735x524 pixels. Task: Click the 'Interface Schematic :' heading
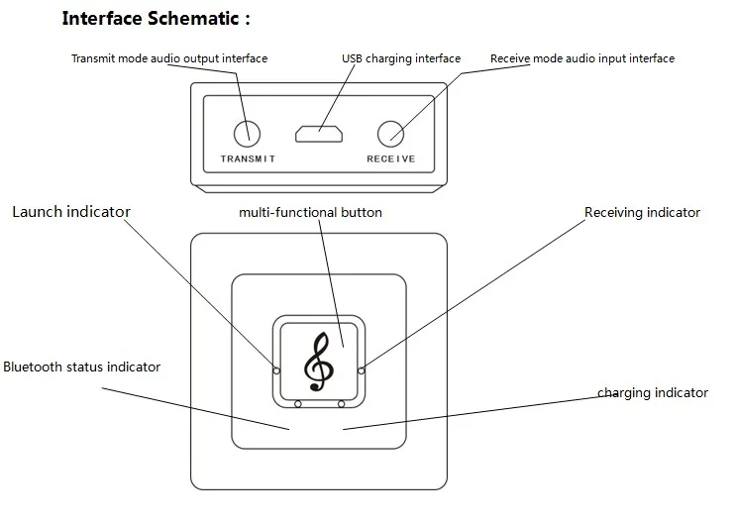click(x=157, y=19)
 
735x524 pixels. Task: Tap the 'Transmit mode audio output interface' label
click(x=169, y=58)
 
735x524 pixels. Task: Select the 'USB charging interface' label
click(x=401, y=58)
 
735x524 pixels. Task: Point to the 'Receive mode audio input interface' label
click(x=582, y=58)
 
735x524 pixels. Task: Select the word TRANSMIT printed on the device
click(x=248, y=158)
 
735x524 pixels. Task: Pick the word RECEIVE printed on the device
click(x=391, y=158)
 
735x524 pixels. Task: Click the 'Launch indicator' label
click(x=71, y=212)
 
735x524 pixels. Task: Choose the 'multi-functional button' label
click(x=310, y=213)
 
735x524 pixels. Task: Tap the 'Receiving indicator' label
click(x=642, y=213)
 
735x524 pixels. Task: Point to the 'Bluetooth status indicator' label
click(x=81, y=367)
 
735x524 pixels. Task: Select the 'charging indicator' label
click(x=653, y=393)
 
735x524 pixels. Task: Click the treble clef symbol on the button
click(x=319, y=362)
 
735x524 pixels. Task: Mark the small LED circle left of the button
click(x=276, y=370)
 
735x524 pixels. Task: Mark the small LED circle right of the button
click(x=361, y=370)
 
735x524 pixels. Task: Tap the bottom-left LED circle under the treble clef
click(x=297, y=403)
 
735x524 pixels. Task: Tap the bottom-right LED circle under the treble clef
click(x=341, y=403)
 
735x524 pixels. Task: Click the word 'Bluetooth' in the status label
click(x=33, y=367)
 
